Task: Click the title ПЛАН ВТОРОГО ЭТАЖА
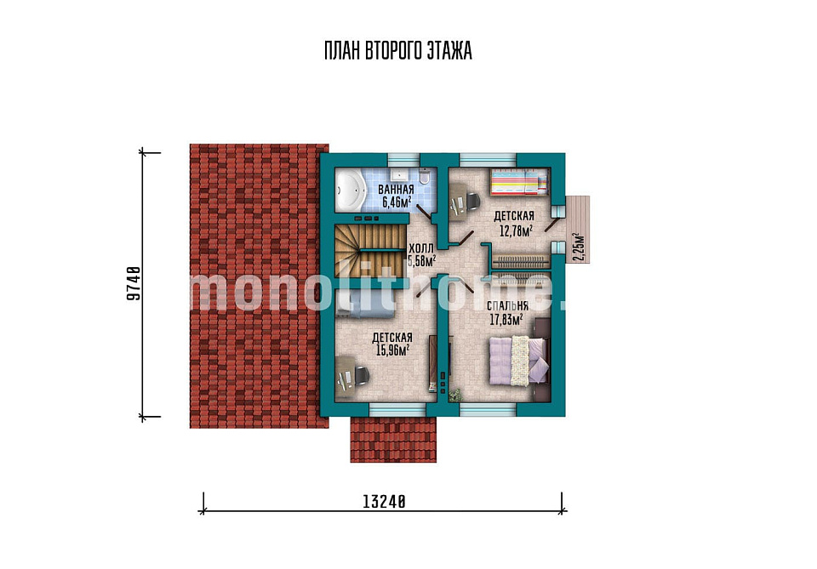pos(398,51)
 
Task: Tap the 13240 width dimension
pos(384,501)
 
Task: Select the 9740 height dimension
pos(134,284)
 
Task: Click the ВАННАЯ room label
pos(396,190)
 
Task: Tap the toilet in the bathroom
pos(424,178)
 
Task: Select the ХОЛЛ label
pos(420,248)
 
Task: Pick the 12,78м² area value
pos(516,230)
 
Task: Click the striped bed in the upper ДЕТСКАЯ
pos(519,182)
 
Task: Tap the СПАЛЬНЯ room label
pos(507,305)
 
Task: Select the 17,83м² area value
pos(506,319)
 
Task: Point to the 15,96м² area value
pos(392,350)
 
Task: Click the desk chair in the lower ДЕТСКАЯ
pos(360,374)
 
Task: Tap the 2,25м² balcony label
pos(579,248)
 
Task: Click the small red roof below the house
pos(393,440)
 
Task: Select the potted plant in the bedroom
pos(455,395)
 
